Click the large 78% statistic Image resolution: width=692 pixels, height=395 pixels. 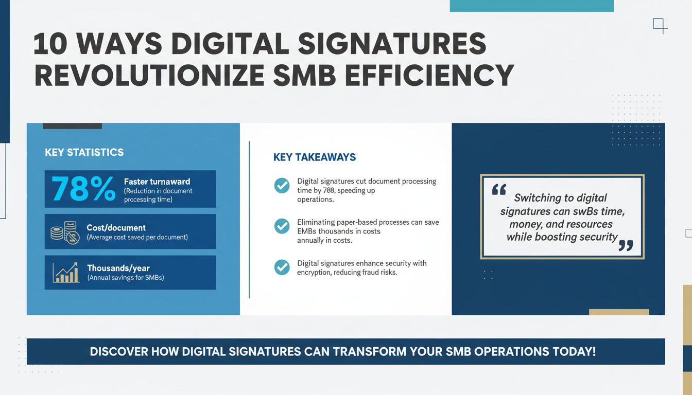[x=83, y=189]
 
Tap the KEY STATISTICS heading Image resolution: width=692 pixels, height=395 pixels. [x=84, y=152]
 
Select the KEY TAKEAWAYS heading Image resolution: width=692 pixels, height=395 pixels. [x=315, y=157]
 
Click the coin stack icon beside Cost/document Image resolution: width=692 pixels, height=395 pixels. [x=64, y=232]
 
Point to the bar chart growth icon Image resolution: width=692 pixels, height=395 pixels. [x=65, y=273]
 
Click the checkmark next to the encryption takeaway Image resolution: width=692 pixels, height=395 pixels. [x=282, y=267]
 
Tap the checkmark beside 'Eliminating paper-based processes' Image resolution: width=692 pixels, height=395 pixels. [x=282, y=226]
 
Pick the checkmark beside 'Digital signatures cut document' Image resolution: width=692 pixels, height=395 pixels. [x=282, y=186]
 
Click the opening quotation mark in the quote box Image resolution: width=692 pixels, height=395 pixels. [x=498, y=190]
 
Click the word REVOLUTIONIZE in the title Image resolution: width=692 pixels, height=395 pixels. [x=149, y=76]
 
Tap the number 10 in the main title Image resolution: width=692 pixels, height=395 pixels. [x=50, y=45]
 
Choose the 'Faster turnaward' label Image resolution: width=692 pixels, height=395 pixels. [x=157, y=182]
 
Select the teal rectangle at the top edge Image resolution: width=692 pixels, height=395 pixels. [x=531, y=6]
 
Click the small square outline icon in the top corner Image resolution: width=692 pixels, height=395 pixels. [x=659, y=24]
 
